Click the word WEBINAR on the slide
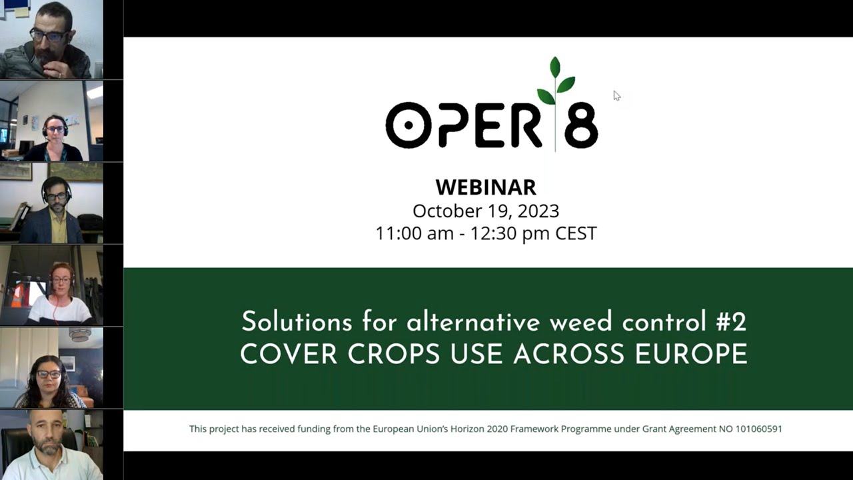(x=486, y=187)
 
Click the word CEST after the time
(x=576, y=233)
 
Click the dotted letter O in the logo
(x=409, y=125)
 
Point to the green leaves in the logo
(x=556, y=81)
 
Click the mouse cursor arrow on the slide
(x=617, y=95)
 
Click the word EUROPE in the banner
(x=691, y=354)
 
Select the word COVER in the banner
(x=289, y=354)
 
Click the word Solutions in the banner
(x=297, y=321)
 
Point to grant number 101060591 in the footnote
(x=758, y=429)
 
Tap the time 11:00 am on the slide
(x=415, y=233)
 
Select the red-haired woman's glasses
(x=61, y=280)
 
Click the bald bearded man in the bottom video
(x=49, y=447)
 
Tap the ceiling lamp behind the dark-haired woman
(x=79, y=335)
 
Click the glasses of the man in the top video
(x=49, y=36)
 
